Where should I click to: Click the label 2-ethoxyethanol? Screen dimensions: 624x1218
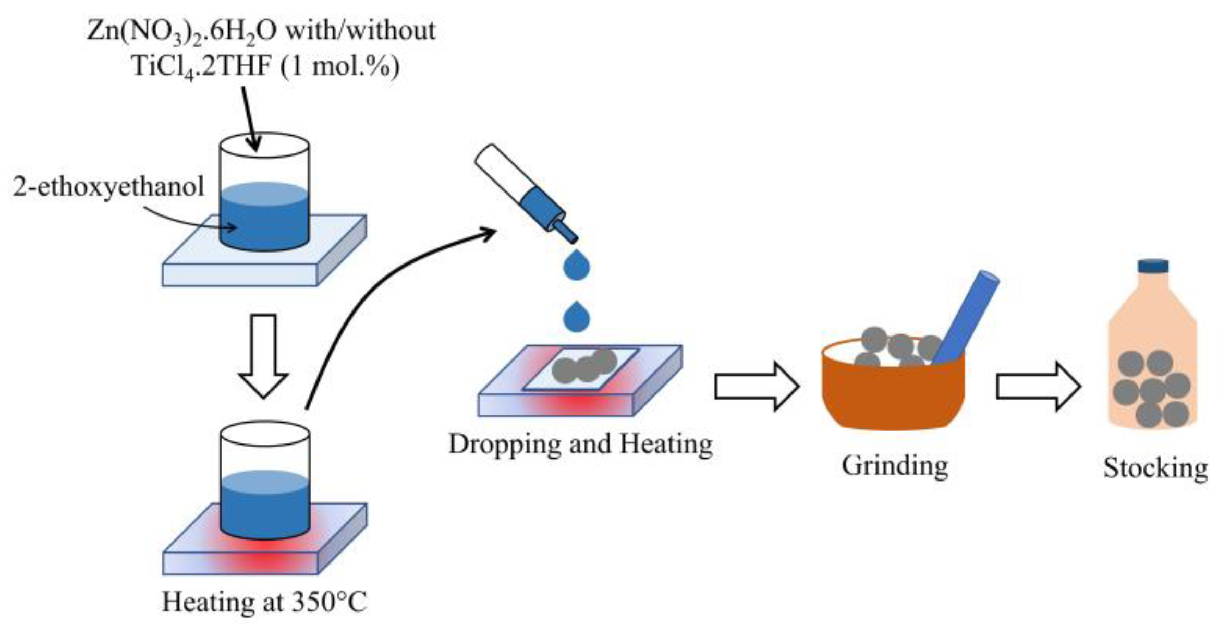108,187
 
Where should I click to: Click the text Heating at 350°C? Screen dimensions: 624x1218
264,601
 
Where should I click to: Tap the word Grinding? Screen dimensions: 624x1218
895,465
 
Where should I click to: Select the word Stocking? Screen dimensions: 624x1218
1155,467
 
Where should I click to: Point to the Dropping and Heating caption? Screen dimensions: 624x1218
580,444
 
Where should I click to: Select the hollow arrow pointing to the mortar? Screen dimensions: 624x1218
756,386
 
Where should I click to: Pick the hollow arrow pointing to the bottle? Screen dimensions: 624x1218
1038,387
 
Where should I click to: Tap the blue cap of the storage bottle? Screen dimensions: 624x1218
1153,266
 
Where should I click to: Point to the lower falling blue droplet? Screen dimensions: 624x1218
576,317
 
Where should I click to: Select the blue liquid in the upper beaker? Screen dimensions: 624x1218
264,219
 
